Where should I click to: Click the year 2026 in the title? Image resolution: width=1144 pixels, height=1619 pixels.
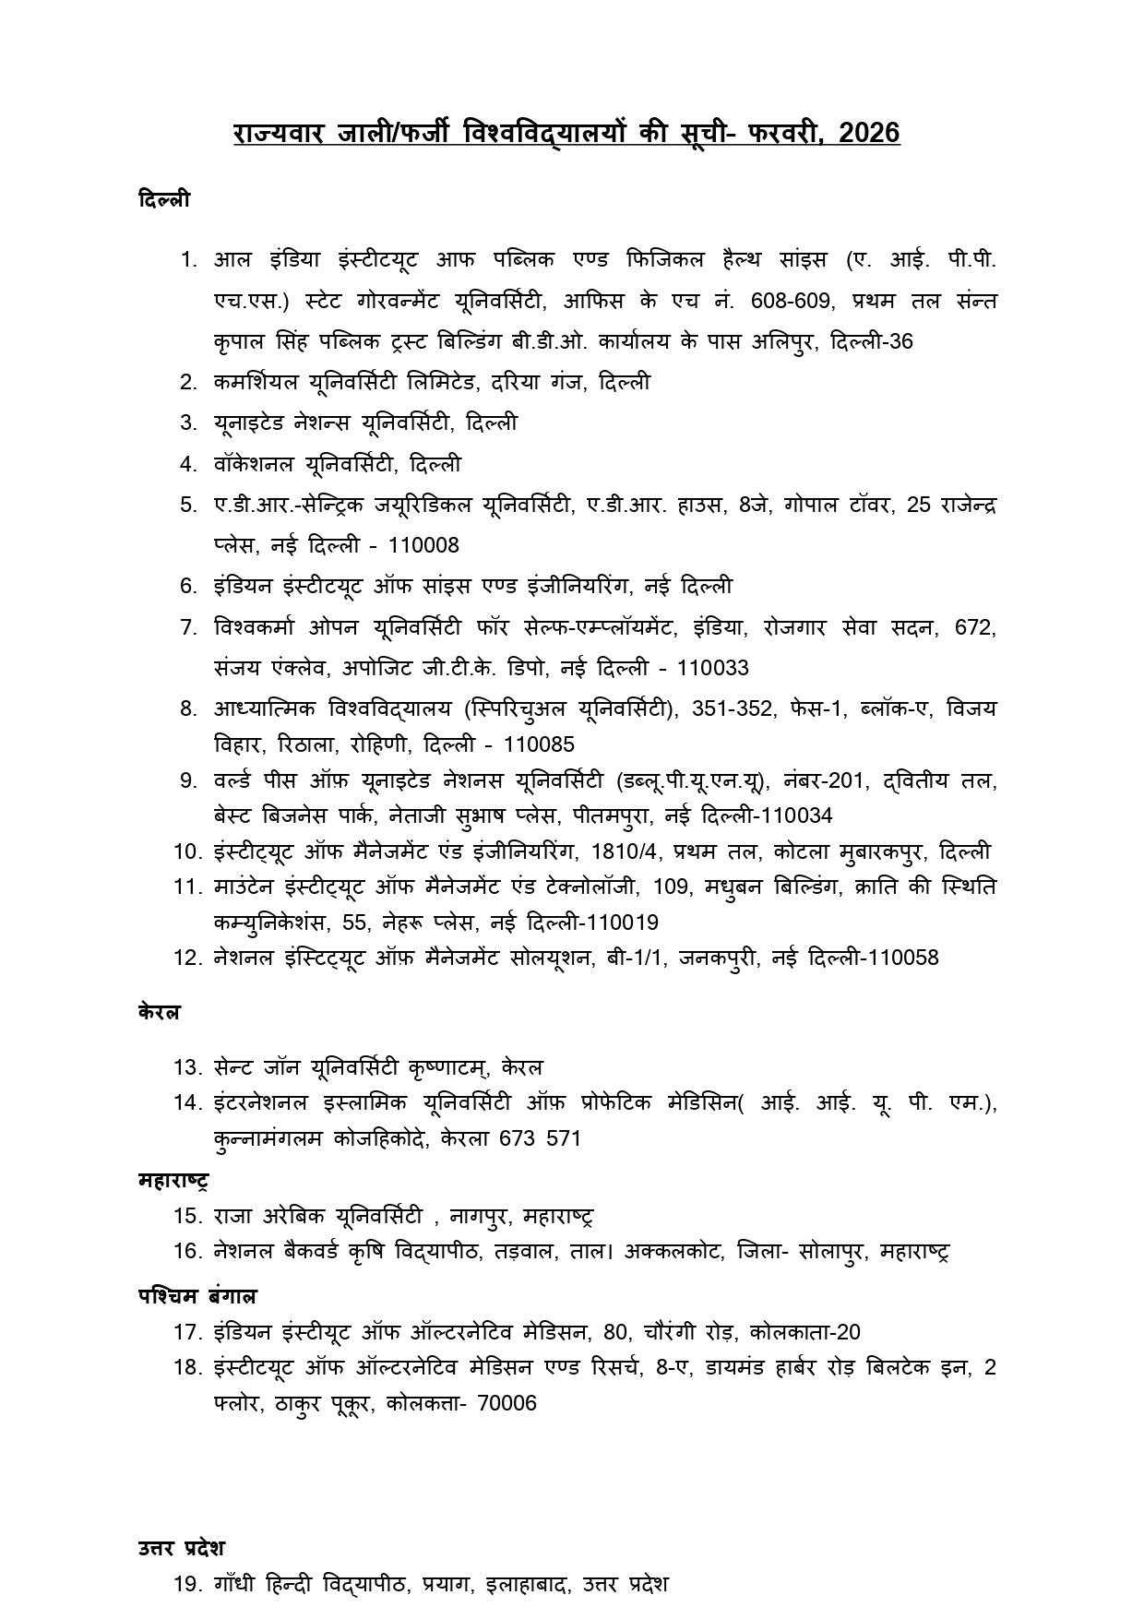870,133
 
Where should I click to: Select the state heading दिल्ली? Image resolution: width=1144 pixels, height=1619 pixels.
164,199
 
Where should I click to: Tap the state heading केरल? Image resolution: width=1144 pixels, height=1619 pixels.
159,1011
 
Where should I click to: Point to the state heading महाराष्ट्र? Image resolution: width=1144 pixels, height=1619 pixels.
173,1181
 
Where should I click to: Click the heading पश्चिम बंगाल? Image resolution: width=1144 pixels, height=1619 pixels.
197,1295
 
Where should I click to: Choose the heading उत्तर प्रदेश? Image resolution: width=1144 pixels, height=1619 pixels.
182,1547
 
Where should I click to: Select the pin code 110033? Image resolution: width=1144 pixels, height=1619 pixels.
712,667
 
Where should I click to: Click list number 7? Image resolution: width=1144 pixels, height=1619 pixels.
189,627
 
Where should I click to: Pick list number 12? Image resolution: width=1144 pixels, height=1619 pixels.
186,958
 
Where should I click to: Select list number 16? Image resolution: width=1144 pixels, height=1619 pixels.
186,1251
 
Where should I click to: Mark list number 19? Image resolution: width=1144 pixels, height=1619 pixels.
186,1585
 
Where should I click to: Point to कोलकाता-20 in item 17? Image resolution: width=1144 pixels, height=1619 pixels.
804,1332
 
